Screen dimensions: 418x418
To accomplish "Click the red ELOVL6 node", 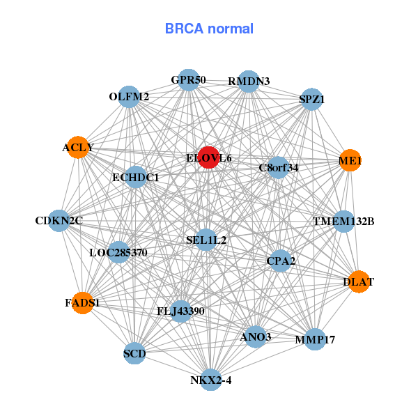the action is (x=208, y=157).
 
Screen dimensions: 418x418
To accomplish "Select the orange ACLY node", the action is (x=78, y=148).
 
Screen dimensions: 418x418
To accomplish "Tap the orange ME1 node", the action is (x=350, y=161).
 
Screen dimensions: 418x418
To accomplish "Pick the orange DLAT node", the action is (x=358, y=282).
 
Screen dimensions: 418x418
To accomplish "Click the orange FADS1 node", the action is (x=82, y=303).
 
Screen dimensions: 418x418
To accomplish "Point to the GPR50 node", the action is (x=188, y=80).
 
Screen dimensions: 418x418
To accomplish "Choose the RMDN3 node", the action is (x=249, y=82).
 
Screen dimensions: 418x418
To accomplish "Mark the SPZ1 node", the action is (x=311, y=100).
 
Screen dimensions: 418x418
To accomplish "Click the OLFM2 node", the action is (x=129, y=97).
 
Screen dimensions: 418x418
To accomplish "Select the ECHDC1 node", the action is (x=136, y=178).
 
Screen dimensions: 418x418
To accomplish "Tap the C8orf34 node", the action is (x=279, y=167).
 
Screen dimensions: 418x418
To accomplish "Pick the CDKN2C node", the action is (x=59, y=221).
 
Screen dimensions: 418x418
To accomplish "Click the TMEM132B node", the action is (x=343, y=222).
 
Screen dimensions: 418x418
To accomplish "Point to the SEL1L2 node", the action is (x=206, y=240).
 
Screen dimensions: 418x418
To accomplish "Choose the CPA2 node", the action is (x=281, y=261).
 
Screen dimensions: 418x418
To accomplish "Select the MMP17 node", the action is (x=315, y=339).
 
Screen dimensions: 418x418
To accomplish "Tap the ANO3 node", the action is (x=255, y=336).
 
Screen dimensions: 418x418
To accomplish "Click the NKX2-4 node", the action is (x=210, y=380).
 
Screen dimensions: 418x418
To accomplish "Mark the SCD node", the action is (x=134, y=353).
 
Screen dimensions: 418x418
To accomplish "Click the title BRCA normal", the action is (x=209, y=29).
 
